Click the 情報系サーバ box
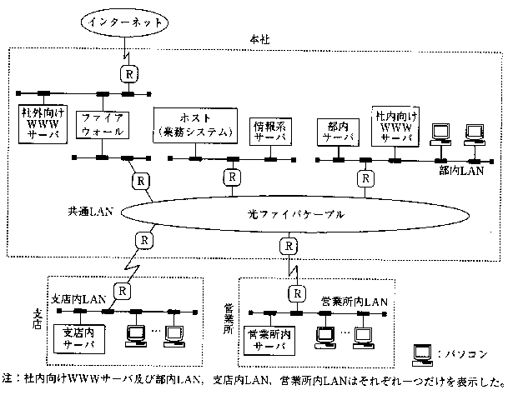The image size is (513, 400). click(269, 129)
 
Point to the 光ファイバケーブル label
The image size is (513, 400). click(289, 214)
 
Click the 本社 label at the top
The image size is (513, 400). click(260, 40)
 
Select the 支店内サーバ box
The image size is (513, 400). click(79, 338)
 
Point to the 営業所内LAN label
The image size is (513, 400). click(354, 301)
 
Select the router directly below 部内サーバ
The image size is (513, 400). click(364, 178)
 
